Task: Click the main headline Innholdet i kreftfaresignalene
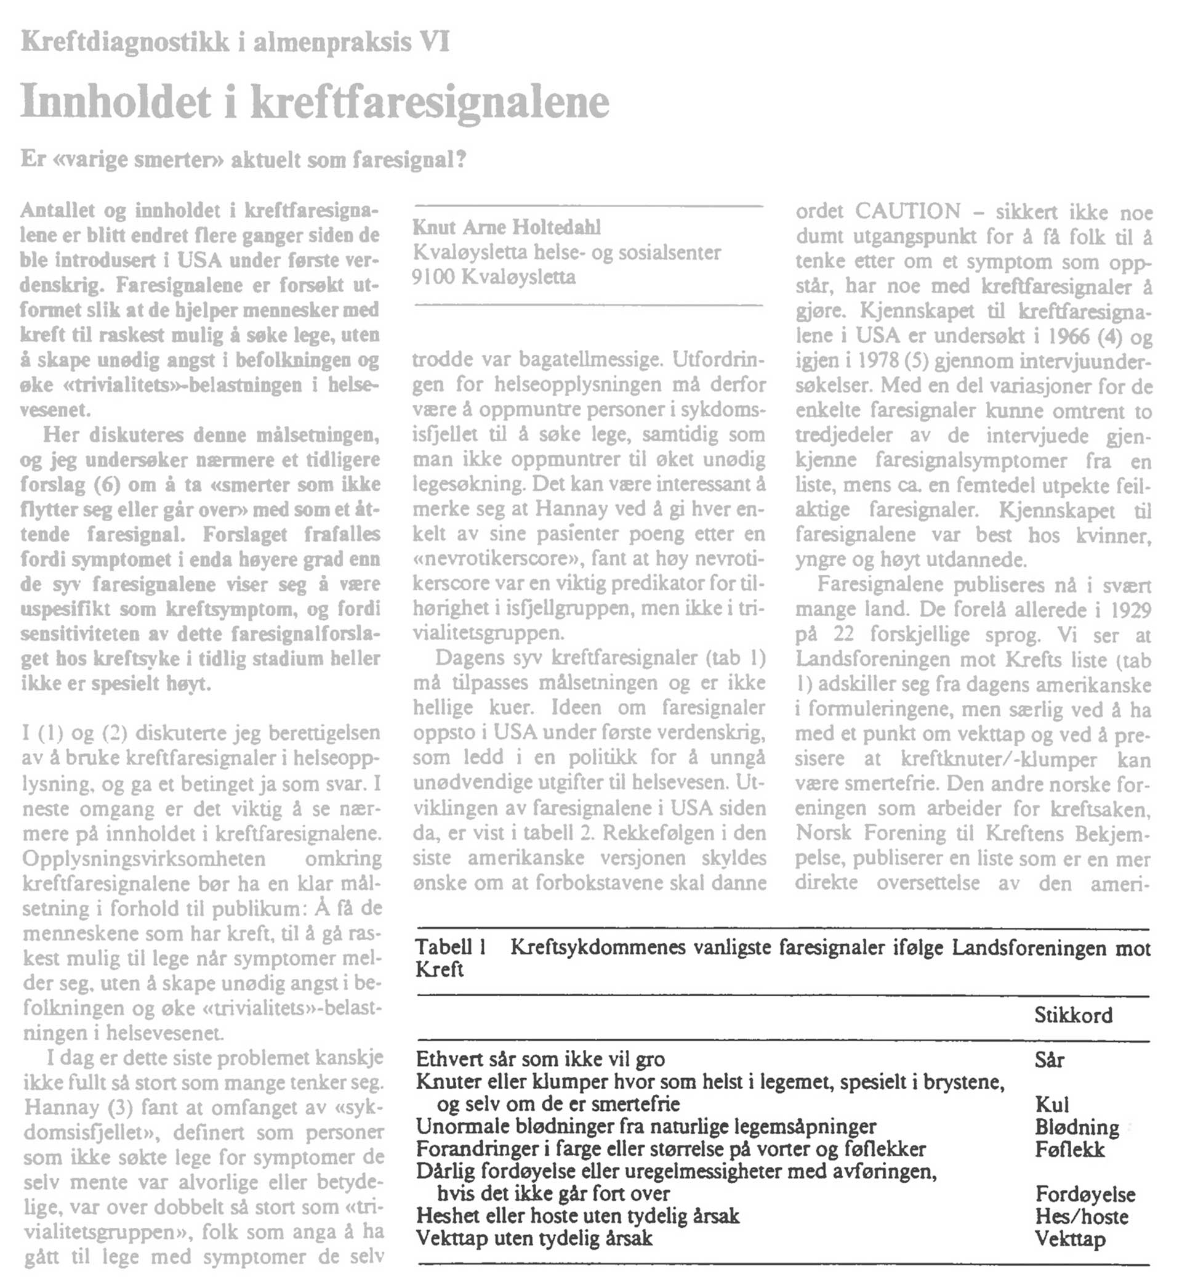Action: click(x=315, y=102)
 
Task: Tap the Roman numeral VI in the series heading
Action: click(x=433, y=43)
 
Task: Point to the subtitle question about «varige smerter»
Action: click(x=243, y=159)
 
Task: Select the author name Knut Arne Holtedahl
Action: click(x=507, y=227)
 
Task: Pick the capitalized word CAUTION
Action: click(x=907, y=211)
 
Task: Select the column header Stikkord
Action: click(x=1073, y=1016)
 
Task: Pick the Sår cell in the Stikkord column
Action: click(x=1049, y=1060)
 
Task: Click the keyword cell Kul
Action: click(x=1051, y=1105)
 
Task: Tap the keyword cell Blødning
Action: click(x=1077, y=1127)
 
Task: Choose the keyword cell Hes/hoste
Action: click(x=1081, y=1217)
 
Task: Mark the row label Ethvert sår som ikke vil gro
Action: click(x=541, y=1060)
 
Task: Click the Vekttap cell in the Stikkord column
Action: click(x=1069, y=1239)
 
